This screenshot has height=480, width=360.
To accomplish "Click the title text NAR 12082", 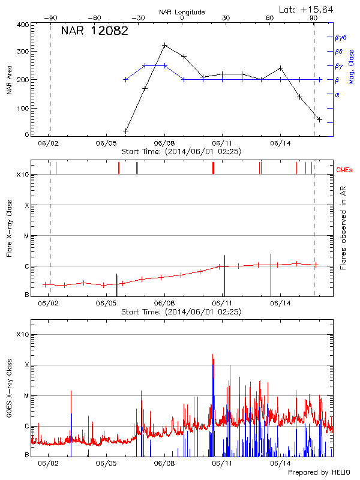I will coord(95,32).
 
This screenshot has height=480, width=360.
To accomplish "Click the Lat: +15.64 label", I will coord(307,9).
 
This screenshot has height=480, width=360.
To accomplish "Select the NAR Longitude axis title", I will coord(182,12).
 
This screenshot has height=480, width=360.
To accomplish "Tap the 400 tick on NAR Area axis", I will coord(23,25).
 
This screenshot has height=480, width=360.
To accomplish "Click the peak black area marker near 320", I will coord(164,45).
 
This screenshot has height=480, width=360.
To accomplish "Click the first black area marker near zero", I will coord(126,130).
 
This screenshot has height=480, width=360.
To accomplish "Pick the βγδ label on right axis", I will coord(341,37).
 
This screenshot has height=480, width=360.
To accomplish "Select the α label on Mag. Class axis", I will coord(337,94).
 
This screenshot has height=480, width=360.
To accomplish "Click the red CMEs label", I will coord(346,170).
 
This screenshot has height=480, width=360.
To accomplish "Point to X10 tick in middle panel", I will coord(22,175).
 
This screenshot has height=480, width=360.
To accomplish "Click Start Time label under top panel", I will coord(181,152).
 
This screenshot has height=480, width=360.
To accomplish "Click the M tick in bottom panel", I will coord(26,395).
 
